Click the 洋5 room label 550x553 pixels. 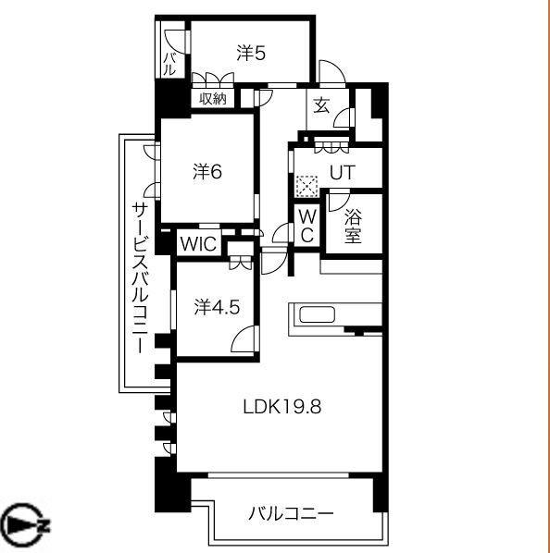tap(250, 54)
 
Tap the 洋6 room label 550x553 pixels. tap(207, 171)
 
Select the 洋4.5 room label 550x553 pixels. tap(217, 307)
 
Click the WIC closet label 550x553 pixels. tap(197, 244)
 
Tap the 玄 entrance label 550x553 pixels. tap(320, 105)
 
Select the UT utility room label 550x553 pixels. tap(342, 173)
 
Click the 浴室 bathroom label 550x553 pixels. tap(354, 226)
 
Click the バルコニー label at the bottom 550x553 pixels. tap(290, 514)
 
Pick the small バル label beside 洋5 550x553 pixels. tap(169, 64)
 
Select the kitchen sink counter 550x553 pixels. tap(318, 314)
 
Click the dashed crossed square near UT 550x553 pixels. tap(306, 184)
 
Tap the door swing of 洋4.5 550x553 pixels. tap(242, 343)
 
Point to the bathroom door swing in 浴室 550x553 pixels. tap(338, 199)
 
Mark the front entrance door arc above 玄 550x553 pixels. tap(330, 72)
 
